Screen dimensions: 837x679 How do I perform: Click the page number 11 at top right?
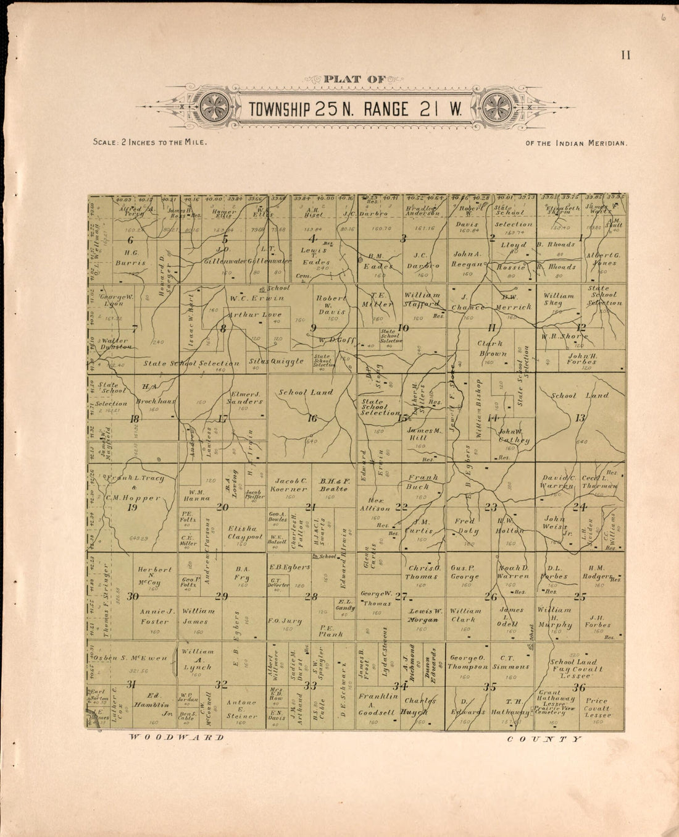tap(626, 56)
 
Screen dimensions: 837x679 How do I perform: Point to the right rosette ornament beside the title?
tap(496, 108)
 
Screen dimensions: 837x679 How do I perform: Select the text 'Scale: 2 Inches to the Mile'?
tap(149, 142)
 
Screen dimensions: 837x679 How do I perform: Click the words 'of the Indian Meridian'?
tap(576, 143)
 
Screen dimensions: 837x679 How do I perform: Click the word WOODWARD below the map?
tap(176, 738)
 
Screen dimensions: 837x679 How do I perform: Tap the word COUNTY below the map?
tap(544, 739)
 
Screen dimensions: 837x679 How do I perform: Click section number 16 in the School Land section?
tap(312, 419)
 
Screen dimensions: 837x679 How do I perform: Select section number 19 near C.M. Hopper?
tap(131, 508)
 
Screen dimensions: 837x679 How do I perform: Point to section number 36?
tap(578, 687)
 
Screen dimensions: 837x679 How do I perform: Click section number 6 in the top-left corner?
tap(130, 240)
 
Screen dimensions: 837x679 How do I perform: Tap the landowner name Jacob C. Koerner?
tap(291, 485)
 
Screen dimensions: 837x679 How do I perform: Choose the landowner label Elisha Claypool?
tap(245, 532)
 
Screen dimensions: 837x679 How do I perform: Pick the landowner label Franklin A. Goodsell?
tap(377, 704)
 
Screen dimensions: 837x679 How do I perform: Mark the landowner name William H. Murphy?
tap(554, 617)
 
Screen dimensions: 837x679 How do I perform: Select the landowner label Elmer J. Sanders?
tap(245, 397)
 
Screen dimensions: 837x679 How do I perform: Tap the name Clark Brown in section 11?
tap(491, 348)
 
